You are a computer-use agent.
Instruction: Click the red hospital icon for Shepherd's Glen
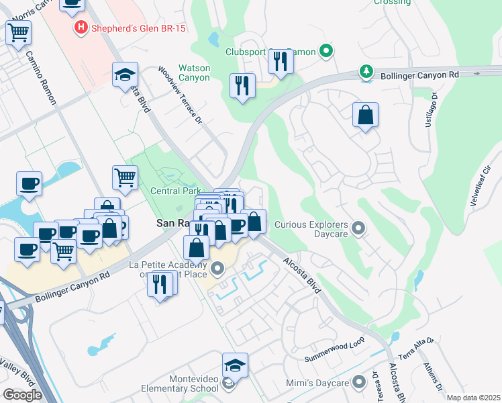pos(81,28)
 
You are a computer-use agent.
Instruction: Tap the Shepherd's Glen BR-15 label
pos(138,28)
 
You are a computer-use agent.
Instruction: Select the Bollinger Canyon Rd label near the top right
pos(419,75)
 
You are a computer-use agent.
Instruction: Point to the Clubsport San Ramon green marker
pos(326,51)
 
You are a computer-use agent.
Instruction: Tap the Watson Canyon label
pos(194,73)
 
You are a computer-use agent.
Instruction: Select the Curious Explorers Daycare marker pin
pos(358,228)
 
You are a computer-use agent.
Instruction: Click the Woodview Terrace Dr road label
pos(181,95)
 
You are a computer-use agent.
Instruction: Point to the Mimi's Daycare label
pos(321,383)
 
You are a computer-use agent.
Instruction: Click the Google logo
pos(22,394)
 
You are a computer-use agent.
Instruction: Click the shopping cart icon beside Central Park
pos(124,177)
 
